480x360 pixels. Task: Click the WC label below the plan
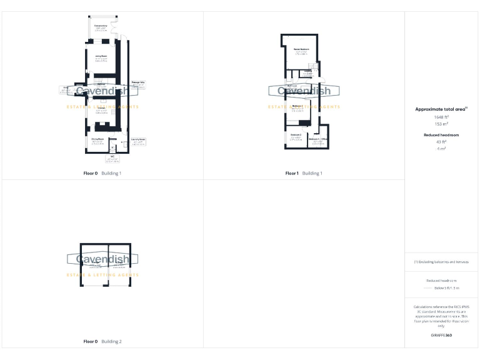pyautogui.click(x=112, y=157)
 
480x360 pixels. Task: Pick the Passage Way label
pyautogui.click(x=138, y=82)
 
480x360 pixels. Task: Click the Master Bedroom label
pyautogui.click(x=302, y=49)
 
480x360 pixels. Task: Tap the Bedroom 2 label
pyautogui.click(x=296, y=135)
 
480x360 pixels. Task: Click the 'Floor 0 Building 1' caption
pyautogui.click(x=102, y=173)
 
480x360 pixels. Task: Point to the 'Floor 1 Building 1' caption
pyautogui.click(x=304, y=173)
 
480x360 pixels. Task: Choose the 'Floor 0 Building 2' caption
pyautogui.click(x=102, y=342)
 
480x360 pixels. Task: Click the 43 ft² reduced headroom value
pyautogui.click(x=441, y=142)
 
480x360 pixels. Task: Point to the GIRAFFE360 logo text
pyautogui.click(x=441, y=336)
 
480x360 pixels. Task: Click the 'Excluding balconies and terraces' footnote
pyautogui.click(x=441, y=262)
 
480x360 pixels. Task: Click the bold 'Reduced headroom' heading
pyautogui.click(x=441, y=135)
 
